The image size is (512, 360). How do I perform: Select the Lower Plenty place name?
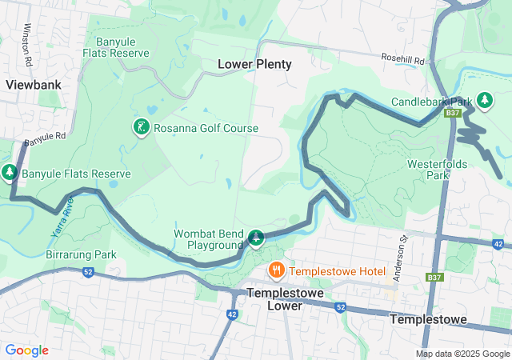click(x=255, y=64)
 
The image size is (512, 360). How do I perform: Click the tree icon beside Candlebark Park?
click(x=484, y=100)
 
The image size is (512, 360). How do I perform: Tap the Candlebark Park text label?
click(x=432, y=102)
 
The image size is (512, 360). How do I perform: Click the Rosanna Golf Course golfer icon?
click(x=141, y=126)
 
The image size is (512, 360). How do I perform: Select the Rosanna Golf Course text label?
click(x=206, y=128)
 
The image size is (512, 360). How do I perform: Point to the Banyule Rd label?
click(x=44, y=138)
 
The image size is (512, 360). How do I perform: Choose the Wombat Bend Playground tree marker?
click(x=256, y=237)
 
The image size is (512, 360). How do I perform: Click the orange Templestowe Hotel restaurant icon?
click(x=276, y=270)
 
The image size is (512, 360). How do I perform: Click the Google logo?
click(x=26, y=350)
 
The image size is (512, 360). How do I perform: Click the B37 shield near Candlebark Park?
click(x=454, y=114)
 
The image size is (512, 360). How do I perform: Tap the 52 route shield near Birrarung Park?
click(x=87, y=271)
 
